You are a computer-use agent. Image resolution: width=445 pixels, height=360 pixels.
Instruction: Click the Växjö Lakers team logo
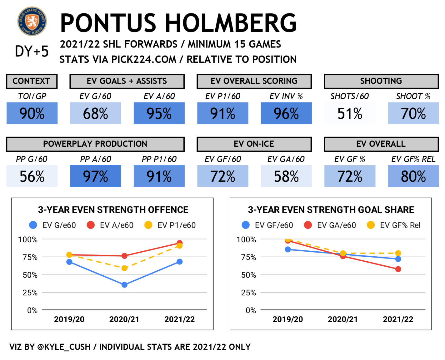(32, 21)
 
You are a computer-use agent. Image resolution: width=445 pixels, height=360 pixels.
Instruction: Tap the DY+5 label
(32, 51)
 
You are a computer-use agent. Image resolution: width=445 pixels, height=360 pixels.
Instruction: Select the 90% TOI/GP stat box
(32, 113)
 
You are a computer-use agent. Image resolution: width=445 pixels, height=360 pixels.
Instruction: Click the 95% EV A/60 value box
(159, 113)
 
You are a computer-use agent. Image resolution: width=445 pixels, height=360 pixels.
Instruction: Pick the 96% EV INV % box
(286, 113)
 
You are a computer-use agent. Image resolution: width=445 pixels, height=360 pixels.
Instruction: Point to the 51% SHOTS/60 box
(350, 113)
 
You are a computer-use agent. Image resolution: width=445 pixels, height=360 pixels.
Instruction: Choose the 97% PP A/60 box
(96, 176)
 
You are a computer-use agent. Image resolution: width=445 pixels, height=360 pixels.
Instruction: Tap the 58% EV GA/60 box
(286, 176)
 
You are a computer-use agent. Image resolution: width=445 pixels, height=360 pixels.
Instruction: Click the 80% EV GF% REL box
(413, 176)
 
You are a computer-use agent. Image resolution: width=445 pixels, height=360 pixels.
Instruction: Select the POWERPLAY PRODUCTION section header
(95, 144)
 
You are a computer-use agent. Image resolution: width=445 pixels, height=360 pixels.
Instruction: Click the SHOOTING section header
(381, 81)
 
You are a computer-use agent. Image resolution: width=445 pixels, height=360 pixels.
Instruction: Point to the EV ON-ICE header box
(254, 144)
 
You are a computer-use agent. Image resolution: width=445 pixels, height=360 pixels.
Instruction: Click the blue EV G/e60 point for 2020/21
(124, 285)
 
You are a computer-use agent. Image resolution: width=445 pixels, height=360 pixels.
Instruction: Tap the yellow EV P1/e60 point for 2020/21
(124, 268)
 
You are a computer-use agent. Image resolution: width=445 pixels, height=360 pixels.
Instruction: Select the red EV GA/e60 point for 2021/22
(398, 269)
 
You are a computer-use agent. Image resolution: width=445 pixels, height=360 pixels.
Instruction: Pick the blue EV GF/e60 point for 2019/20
(288, 249)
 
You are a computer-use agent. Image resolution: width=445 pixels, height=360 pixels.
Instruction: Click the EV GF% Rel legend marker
(371, 225)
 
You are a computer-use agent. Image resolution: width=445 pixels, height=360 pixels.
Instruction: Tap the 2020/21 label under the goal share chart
(343, 319)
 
